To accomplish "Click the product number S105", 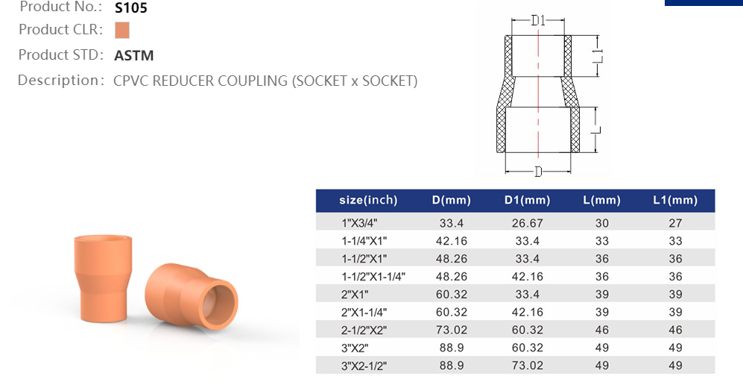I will [131, 9].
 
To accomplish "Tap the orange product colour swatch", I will [122, 31].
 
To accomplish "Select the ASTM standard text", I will [134, 55].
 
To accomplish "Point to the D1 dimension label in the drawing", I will [538, 21].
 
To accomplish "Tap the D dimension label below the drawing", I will [538, 172].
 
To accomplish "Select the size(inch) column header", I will [368, 200].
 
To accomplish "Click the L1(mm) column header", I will [674, 200].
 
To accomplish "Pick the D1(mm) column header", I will [527, 200].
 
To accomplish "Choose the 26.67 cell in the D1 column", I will [527, 223].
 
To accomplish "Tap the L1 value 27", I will [674, 223].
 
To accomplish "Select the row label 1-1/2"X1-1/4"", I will [373, 276].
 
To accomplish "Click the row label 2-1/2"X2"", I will [364, 330].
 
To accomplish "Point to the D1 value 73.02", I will [527, 366].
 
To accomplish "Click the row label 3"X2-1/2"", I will [364, 366].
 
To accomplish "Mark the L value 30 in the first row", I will [601, 223].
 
